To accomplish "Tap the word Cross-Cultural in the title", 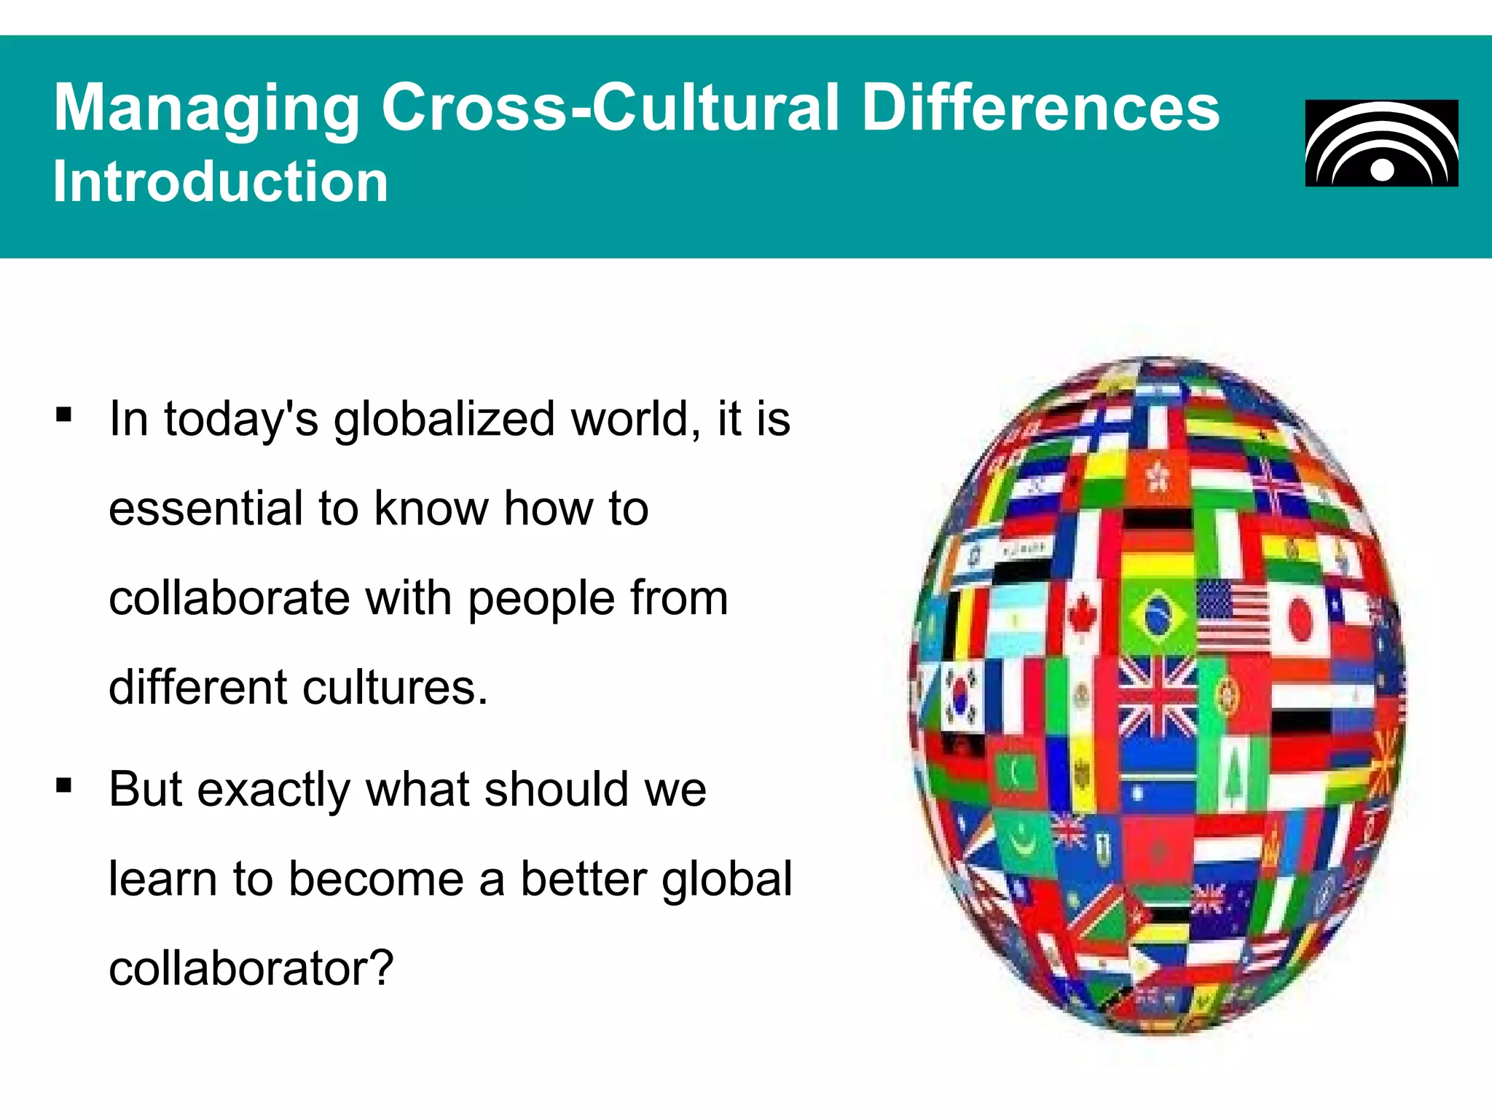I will pyautogui.click(x=610, y=108).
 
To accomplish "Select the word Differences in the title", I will pyautogui.click(x=1040, y=108).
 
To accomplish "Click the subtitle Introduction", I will pyautogui.click(x=221, y=181).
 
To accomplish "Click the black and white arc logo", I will pyautogui.click(x=1381, y=144).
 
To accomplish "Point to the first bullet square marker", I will pyautogui.click(x=64, y=415).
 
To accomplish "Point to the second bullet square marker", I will pyautogui.click(x=64, y=785).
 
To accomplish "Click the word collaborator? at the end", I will pyautogui.click(x=251, y=968).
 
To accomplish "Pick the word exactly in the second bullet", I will pyautogui.click(x=274, y=790).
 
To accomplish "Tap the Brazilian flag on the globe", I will pyautogui.click(x=1158, y=616).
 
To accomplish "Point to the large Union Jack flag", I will pyautogui.click(x=1157, y=696).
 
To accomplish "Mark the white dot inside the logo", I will pyautogui.click(x=1382, y=170).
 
